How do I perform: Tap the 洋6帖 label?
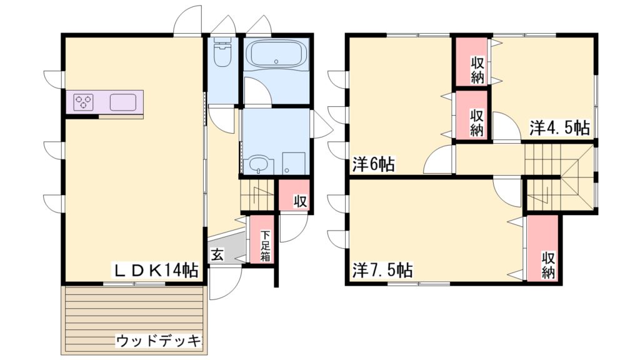tap(373, 164)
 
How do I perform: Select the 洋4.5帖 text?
tap(560, 127)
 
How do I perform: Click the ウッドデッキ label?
tap(160, 341)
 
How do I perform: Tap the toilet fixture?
tap(222, 54)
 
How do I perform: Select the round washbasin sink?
tap(259, 164)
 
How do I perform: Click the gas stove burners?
tap(83, 102)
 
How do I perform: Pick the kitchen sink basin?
tap(123, 101)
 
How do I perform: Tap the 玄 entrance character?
tap(217, 255)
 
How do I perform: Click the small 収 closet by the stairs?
tap(299, 201)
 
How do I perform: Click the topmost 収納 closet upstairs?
tap(477, 69)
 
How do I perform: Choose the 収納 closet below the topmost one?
tap(477, 122)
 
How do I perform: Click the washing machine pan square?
tap(293, 162)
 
